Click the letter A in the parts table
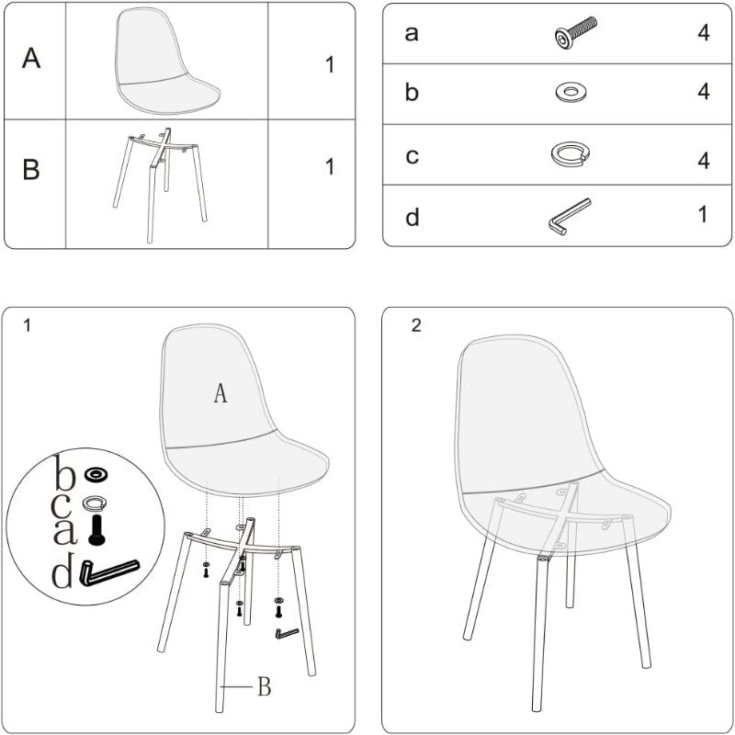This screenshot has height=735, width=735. point(31,59)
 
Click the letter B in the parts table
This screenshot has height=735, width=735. point(31,169)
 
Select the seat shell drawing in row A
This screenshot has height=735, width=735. point(167,61)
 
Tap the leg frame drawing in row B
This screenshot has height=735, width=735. point(160,185)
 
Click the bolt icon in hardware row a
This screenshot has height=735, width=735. point(576,32)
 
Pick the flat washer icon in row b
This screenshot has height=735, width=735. point(571,92)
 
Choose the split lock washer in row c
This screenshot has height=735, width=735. point(570,153)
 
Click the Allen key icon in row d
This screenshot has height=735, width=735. point(569,216)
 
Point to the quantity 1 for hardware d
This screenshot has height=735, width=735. point(703,214)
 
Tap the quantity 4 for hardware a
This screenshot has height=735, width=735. point(703,33)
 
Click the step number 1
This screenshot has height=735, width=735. point(28,325)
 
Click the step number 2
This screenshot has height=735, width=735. point(416,325)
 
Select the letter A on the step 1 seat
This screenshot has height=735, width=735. point(220,393)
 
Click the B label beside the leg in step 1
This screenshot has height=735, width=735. point(265,687)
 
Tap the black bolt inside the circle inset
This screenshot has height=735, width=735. point(97,530)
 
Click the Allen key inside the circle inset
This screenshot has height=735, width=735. point(109,571)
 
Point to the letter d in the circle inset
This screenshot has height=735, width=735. point(62,570)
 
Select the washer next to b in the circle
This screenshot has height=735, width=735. point(96,475)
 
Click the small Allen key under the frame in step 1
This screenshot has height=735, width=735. point(287,633)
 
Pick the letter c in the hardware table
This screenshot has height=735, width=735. point(412,156)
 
